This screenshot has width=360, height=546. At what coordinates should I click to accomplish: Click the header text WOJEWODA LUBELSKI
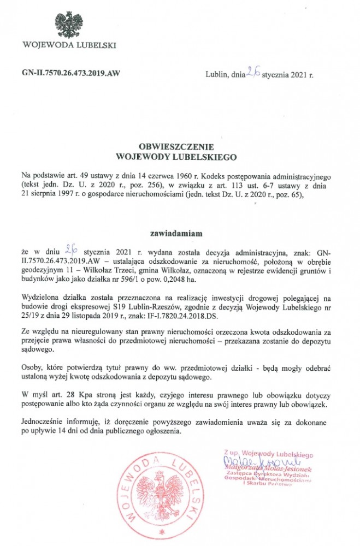[68, 45]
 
